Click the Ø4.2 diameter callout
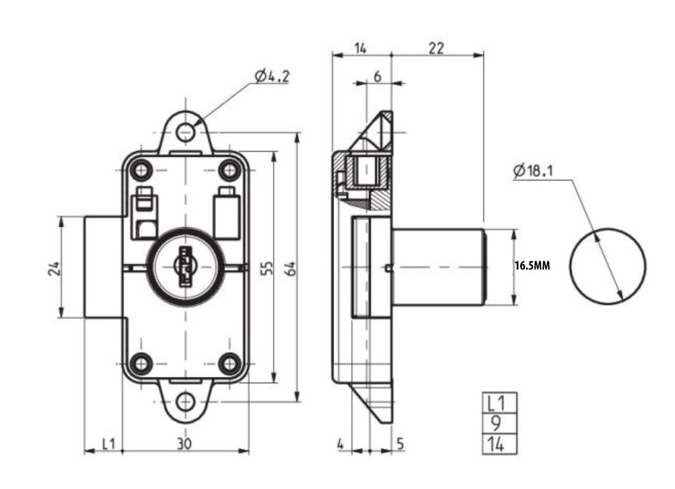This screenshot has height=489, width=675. [x=272, y=76]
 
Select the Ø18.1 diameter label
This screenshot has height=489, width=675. [x=532, y=170]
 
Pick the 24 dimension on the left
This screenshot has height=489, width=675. [x=54, y=267]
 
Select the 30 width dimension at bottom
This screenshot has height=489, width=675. [x=183, y=444]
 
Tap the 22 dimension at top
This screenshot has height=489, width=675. [x=436, y=47]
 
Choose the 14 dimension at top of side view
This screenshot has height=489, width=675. [x=361, y=47]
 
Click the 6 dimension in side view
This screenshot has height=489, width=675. [x=377, y=77]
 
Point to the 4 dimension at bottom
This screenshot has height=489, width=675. [x=341, y=444]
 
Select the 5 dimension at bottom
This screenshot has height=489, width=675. [x=400, y=444]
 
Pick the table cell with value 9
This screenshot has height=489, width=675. [x=499, y=423]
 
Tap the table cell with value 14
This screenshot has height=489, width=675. [x=499, y=444]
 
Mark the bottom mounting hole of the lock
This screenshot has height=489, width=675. [x=185, y=401]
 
